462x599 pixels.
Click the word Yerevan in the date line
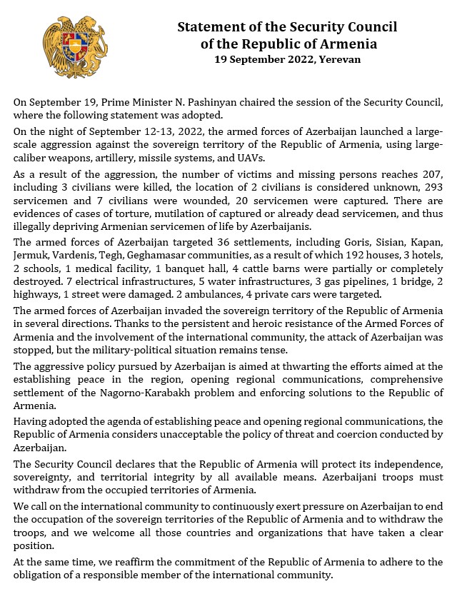(340, 59)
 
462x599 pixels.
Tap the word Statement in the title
(210, 27)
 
